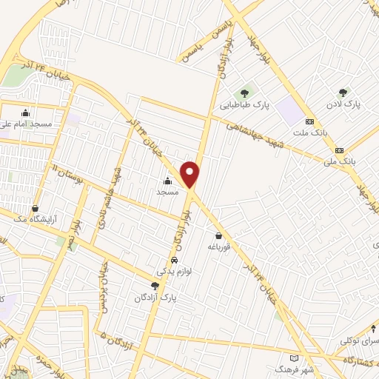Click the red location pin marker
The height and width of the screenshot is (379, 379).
coord(190,174)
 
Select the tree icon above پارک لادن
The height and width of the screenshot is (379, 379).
coord(342,93)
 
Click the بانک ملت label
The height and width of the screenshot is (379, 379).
coord(309,133)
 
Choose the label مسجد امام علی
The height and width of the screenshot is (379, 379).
coord(26,124)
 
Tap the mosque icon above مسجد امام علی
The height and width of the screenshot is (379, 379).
coord(26,113)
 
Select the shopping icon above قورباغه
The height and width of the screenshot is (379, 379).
coord(219,235)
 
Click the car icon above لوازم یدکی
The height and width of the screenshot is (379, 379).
coord(174,261)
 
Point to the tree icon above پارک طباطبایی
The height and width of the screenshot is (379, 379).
coord(244,93)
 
